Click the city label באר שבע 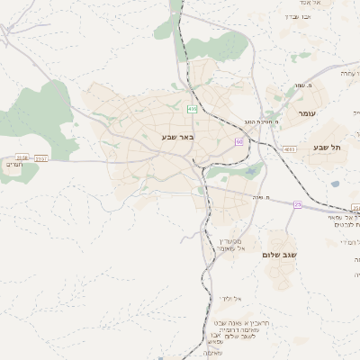click(177, 136)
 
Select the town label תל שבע click(328, 147)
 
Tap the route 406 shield click(192, 109)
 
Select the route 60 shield click(239, 141)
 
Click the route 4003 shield click(288, 148)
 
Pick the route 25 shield click(297, 204)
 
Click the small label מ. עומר click(310, 86)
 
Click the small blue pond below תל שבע click(335, 184)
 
